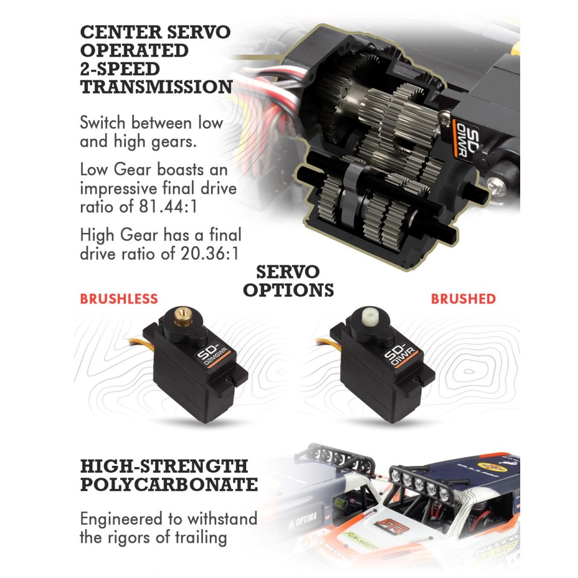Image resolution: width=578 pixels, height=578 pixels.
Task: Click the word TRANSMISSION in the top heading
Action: (x=156, y=87)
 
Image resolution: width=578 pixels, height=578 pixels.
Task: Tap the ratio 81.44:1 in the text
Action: (x=168, y=206)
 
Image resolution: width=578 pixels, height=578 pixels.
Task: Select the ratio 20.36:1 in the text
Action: (x=209, y=254)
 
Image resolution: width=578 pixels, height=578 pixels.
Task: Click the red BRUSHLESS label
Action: (x=118, y=299)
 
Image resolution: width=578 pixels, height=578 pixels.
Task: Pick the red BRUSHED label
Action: (x=464, y=299)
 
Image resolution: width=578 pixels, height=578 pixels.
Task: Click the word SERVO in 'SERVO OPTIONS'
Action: (x=288, y=272)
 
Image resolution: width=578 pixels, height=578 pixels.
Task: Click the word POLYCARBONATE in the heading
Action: (x=169, y=484)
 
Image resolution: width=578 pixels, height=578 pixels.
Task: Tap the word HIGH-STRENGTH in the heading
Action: (x=164, y=466)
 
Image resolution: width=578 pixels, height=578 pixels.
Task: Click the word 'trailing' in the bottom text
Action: (x=201, y=538)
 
